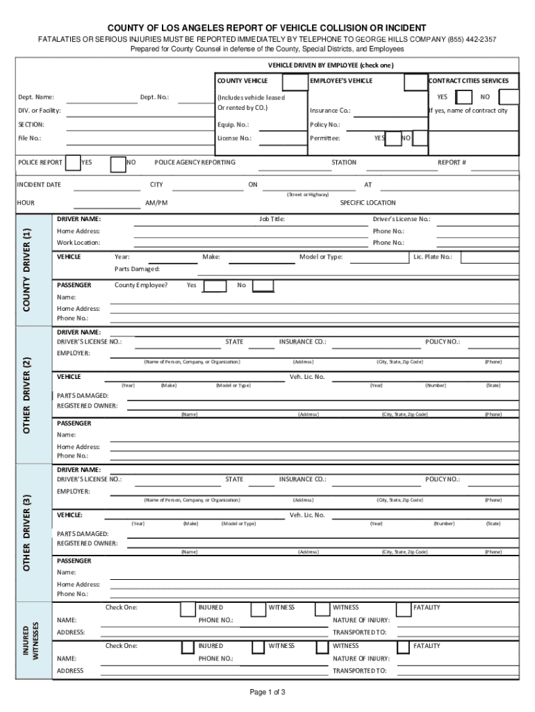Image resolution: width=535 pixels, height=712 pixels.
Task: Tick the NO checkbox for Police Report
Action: click(x=118, y=163)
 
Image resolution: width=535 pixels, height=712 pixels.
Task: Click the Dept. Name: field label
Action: click(x=36, y=97)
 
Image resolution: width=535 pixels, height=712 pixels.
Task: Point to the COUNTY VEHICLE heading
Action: click(x=242, y=81)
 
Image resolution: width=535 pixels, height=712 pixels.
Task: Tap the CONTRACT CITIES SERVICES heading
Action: click(x=473, y=81)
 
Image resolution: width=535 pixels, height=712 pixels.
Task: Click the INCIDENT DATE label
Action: click(x=39, y=185)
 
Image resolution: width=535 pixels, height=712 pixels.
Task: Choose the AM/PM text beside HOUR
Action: click(x=156, y=203)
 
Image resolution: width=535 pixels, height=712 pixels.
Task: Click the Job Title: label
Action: click(x=272, y=220)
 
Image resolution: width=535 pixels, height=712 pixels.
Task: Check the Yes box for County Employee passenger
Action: click(x=215, y=286)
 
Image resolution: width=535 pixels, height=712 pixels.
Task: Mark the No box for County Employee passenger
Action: click(x=262, y=286)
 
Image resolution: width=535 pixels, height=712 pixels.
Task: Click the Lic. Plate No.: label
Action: click(x=432, y=257)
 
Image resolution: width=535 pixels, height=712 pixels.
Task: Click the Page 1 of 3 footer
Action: click(x=267, y=693)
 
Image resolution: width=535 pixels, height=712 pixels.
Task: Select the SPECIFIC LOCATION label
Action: click(x=368, y=203)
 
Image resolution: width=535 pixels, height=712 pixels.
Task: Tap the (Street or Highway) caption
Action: click(x=308, y=195)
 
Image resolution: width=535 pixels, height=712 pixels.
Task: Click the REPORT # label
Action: click(x=452, y=163)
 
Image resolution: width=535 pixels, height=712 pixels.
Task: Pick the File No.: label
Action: click(x=29, y=138)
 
